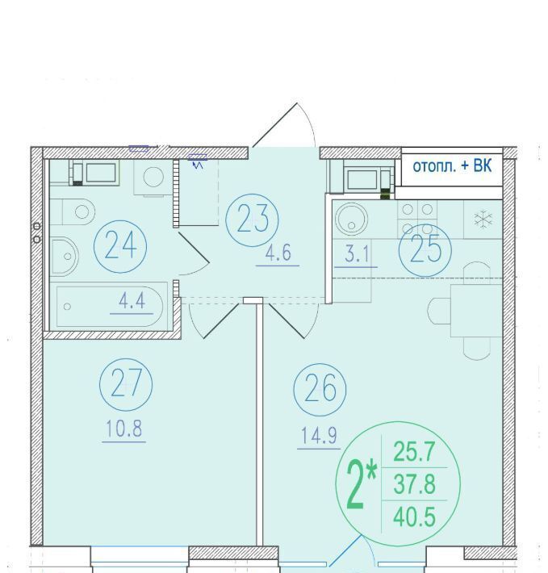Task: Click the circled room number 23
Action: pos(252,220)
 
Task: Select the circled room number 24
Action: pos(120,246)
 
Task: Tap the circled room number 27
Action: pos(126,385)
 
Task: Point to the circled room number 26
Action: pos(320,390)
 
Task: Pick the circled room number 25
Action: pos(425,250)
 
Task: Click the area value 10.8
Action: pos(123,429)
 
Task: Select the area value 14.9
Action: pos(319,436)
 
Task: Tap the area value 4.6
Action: pos(278,253)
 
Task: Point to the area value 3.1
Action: pos(357,254)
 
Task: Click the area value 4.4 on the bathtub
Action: pos(132,301)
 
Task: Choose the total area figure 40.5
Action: pos(414,517)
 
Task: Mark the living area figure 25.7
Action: pos(414,452)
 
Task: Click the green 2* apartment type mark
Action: pos(361,484)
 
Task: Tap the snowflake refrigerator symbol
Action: pos(483,220)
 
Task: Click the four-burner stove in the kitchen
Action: pos(417,220)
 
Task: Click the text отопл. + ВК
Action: pos(452,166)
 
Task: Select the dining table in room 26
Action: pos(476,311)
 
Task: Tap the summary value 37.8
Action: pos(414,484)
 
